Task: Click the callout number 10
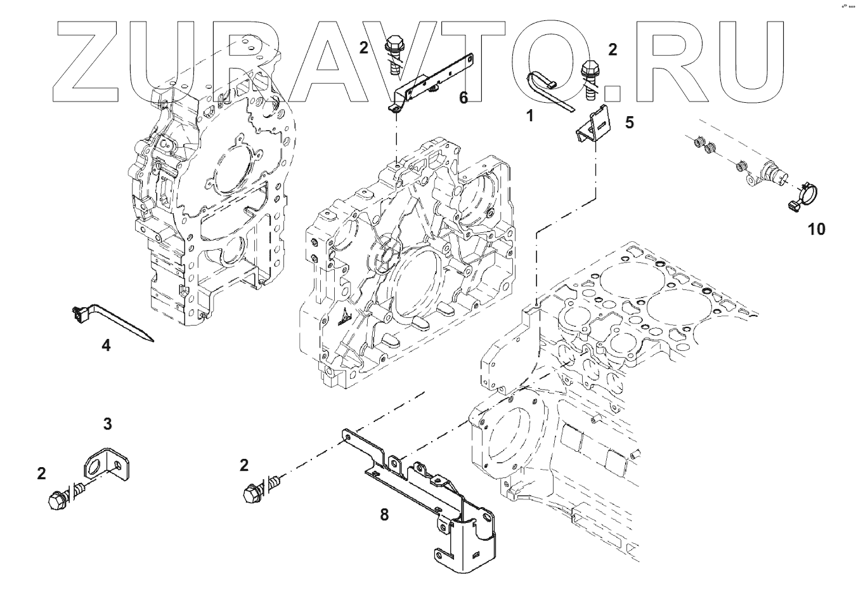(x=817, y=229)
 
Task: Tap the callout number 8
(x=384, y=514)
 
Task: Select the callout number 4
(x=107, y=345)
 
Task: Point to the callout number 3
(x=108, y=423)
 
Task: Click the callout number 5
(x=629, y=122)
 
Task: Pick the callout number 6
(x=464, y=98)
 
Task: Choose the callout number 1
(x=529, y=116)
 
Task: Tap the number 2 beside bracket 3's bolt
(x=41, y=473)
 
